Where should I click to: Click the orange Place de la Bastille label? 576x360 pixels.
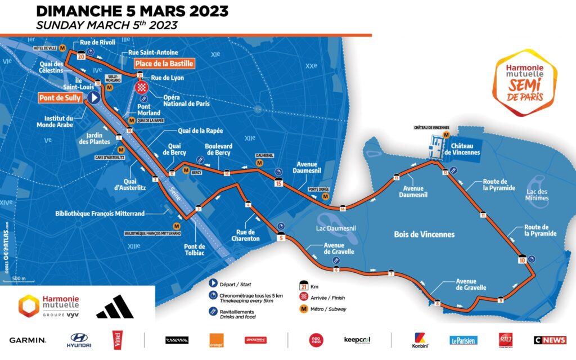[x=164, y=63]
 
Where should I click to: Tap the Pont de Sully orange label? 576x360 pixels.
[x=60, y=98]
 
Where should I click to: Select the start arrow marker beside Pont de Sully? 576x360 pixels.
[x=94, y=98]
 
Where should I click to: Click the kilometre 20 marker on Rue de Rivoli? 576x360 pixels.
[x=81, y=56]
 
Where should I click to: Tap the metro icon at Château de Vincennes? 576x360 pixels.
[x=446, y=135]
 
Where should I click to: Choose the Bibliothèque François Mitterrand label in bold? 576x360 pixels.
[x=100, y=213]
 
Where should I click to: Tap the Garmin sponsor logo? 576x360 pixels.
[x=27, y=340]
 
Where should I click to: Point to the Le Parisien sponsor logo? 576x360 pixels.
[x=463, y=340]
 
